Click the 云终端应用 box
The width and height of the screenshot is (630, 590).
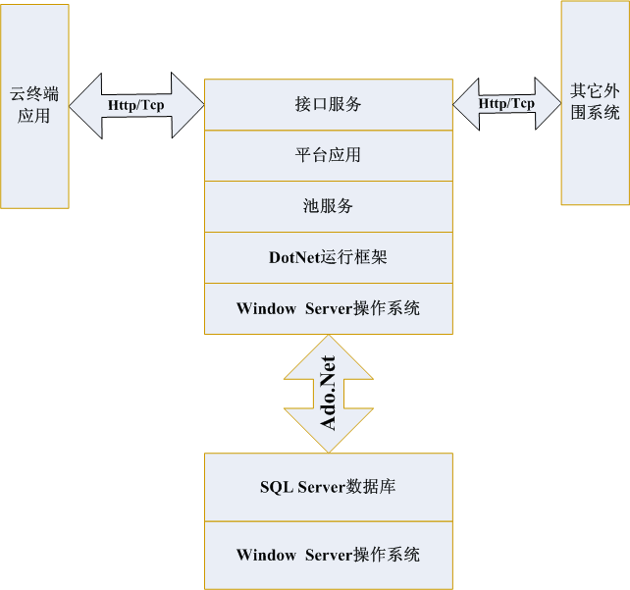(x=34, y=106)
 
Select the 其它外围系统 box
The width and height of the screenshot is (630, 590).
(x=595, y=102)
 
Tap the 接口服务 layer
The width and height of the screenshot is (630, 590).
(x=328, y=104)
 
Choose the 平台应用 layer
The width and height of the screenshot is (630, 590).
(x=328, y=155)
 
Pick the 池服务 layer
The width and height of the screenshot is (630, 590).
(x=328, y=206)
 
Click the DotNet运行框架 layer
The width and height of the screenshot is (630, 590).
(x=328, y=258)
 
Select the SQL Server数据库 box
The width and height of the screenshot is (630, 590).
(x=328, y=487)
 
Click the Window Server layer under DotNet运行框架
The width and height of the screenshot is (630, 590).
(x=328, y=308)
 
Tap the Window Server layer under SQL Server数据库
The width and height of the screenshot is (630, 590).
(x=328, y=555)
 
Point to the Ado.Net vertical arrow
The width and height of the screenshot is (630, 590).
(x=328, y=394)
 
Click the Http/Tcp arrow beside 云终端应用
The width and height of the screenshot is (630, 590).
(x=136, y=104)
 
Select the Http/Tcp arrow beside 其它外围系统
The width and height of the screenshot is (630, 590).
(x=506, y=103)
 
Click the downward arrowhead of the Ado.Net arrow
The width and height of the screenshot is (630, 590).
(x=328, y=437)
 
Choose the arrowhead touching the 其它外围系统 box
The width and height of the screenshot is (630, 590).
(x=546, y=103)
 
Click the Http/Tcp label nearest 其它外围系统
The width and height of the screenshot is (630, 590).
(x=506, y=103)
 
